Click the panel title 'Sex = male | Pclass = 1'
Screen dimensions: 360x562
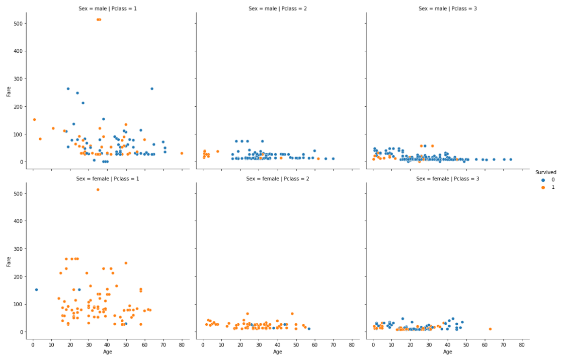(107, 8)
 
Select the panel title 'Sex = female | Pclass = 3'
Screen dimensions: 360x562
(447, 178)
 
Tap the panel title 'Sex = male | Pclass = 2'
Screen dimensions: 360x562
(277, 8)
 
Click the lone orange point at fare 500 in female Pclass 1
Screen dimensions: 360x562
(98, 190)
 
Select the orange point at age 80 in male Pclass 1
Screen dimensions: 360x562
(182, 154)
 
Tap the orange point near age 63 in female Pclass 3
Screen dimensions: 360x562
(490, 329)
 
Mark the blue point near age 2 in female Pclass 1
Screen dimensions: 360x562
(36, 290)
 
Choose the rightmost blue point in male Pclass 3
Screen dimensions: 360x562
(510, 160)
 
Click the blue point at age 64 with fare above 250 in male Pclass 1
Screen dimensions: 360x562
(152, 89)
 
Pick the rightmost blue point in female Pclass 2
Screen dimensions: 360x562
(309, 329)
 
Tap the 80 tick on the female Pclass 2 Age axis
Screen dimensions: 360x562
(352, 344)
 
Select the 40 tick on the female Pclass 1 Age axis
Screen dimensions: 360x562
(107, 344)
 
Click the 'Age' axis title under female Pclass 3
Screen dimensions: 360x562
(447, 352)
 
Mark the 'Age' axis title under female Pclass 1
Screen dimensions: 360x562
(107, 352)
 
